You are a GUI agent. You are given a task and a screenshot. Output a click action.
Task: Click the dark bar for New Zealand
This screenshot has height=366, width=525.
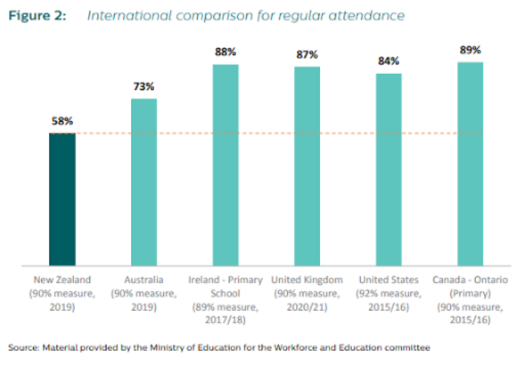pos(62,199)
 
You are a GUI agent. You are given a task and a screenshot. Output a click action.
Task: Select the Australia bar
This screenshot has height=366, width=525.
pos(144,182)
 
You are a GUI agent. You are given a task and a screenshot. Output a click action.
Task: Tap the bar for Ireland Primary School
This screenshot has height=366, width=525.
pos(225,165)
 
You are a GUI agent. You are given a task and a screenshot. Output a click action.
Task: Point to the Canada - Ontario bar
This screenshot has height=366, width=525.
pos(470,164)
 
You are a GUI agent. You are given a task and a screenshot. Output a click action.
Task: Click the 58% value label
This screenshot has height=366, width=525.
pos(62,121)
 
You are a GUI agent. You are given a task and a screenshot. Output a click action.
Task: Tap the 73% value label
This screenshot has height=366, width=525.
pos(144,86)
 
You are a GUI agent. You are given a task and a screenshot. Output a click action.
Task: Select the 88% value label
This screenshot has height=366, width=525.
pos(225,52)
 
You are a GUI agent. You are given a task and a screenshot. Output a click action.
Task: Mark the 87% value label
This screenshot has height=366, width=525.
pos(307,55)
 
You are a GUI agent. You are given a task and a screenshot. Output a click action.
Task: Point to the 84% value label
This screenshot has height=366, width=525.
pos(388,61)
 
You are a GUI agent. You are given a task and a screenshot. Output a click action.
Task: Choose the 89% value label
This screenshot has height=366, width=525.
pos(470,50)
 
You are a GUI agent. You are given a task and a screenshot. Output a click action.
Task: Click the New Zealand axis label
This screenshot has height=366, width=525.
pos(62,280)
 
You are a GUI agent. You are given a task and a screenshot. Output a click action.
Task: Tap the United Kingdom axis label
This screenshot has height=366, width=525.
pos(307,280)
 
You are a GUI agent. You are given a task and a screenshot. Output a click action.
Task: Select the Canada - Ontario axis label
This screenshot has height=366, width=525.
pos(470,280)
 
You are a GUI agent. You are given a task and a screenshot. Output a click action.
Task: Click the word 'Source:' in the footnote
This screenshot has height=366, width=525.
pos(24,348)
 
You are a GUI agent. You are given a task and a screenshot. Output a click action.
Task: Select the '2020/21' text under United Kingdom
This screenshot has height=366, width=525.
pos(307,307)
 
